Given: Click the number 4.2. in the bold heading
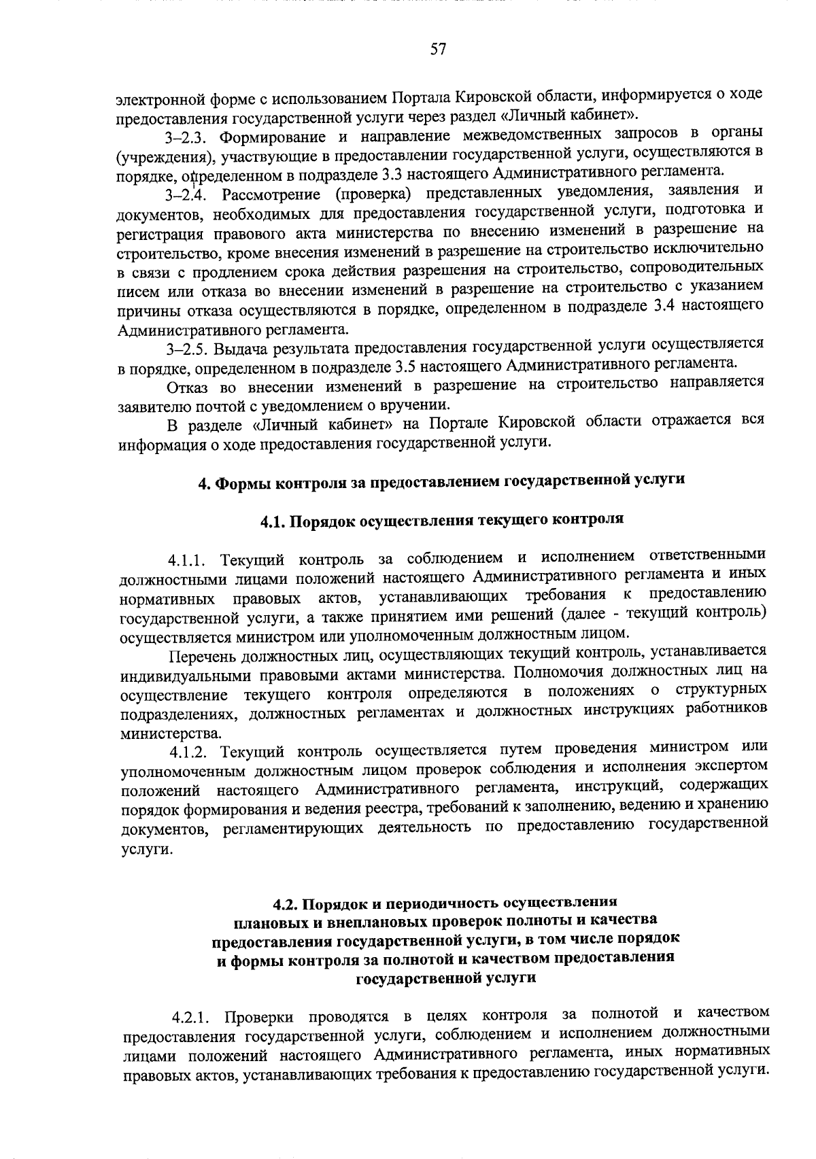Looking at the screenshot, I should pyautogui.click(x=286, y=905).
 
